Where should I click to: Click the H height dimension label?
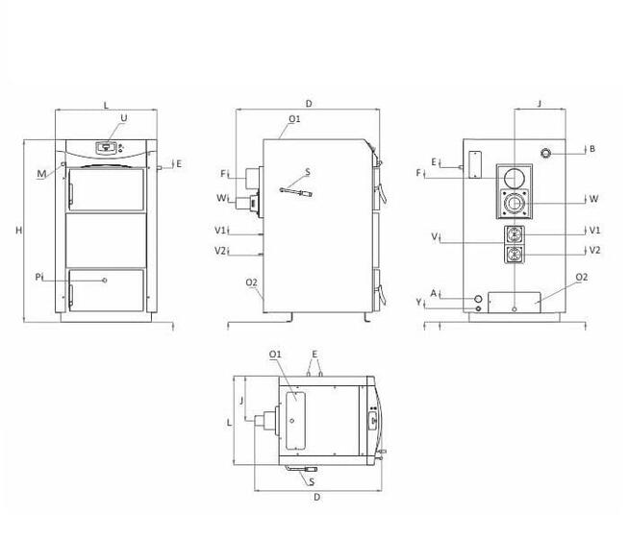pos(18,231)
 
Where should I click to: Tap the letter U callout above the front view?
pos(124,118)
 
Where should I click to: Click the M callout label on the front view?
pos(41,174)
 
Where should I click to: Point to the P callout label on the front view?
pos(38,277)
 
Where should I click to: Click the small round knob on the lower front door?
pos(105,281)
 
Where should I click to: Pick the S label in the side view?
pos(308,172)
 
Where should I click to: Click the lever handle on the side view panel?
pos(296,192)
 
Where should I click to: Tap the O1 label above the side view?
pos(294,119)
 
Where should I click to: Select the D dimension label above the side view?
pos(309,104)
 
